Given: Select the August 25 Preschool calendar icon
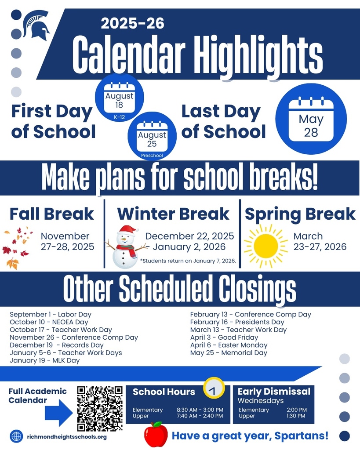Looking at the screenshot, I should pos(152,137).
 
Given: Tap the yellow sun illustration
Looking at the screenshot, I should pos(265,246).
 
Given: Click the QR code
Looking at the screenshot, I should pos(100,408).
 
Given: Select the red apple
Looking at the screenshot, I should pos(156,434).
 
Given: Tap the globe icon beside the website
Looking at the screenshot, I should pos(16,436).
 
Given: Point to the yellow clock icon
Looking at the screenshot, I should pos(214,388).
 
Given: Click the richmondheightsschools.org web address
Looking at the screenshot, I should pos(67,437).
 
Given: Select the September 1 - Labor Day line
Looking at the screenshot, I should pos(51,315).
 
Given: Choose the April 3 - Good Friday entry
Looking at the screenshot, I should pos(224,337).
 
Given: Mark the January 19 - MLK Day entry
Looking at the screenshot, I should pos(45,360).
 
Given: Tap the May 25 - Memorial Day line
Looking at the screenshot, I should pos(229,352).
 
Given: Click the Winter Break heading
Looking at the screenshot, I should pos(173,214).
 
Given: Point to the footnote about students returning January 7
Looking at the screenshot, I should pos(188,261).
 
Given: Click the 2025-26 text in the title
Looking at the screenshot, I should pos(132,23).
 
